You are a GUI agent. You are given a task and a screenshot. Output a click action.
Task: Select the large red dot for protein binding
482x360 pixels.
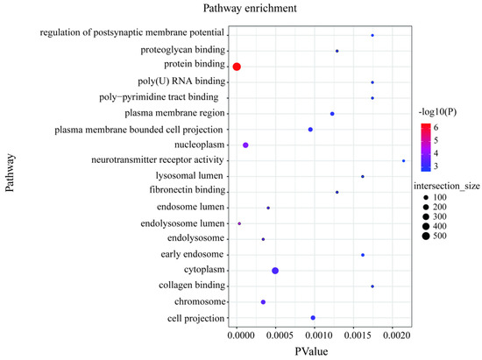coord(237,67)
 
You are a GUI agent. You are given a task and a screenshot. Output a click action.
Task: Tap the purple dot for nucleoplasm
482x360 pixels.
coord(245,145)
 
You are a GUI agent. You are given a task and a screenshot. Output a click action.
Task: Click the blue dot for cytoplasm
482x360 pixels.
coord(275,271)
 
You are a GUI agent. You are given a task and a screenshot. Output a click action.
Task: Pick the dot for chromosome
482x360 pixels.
coord(263,302)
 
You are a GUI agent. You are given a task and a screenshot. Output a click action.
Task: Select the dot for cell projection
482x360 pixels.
coord(313,318)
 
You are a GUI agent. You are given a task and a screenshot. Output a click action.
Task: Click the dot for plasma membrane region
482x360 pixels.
coord(332,114)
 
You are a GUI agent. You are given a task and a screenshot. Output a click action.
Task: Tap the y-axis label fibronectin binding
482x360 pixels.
coord(187,192)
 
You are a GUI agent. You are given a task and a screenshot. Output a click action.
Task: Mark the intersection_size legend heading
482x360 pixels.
coord(448,187)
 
